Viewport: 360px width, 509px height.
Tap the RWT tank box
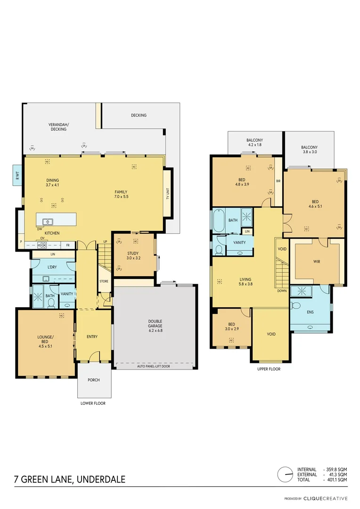click(x=17, y=175)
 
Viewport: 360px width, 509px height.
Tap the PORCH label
click(x=94, y=380)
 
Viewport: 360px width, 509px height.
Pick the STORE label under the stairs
click(x=104, y=281)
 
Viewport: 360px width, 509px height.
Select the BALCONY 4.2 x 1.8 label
click(x=254, y=143)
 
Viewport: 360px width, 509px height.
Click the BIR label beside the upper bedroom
click(x=278, y=180)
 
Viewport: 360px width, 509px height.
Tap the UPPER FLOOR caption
click(x=269, y=369)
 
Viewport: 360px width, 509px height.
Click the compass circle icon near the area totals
click(x=285, y=474)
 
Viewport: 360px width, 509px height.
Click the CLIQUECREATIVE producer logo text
click(x=325, y=498)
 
